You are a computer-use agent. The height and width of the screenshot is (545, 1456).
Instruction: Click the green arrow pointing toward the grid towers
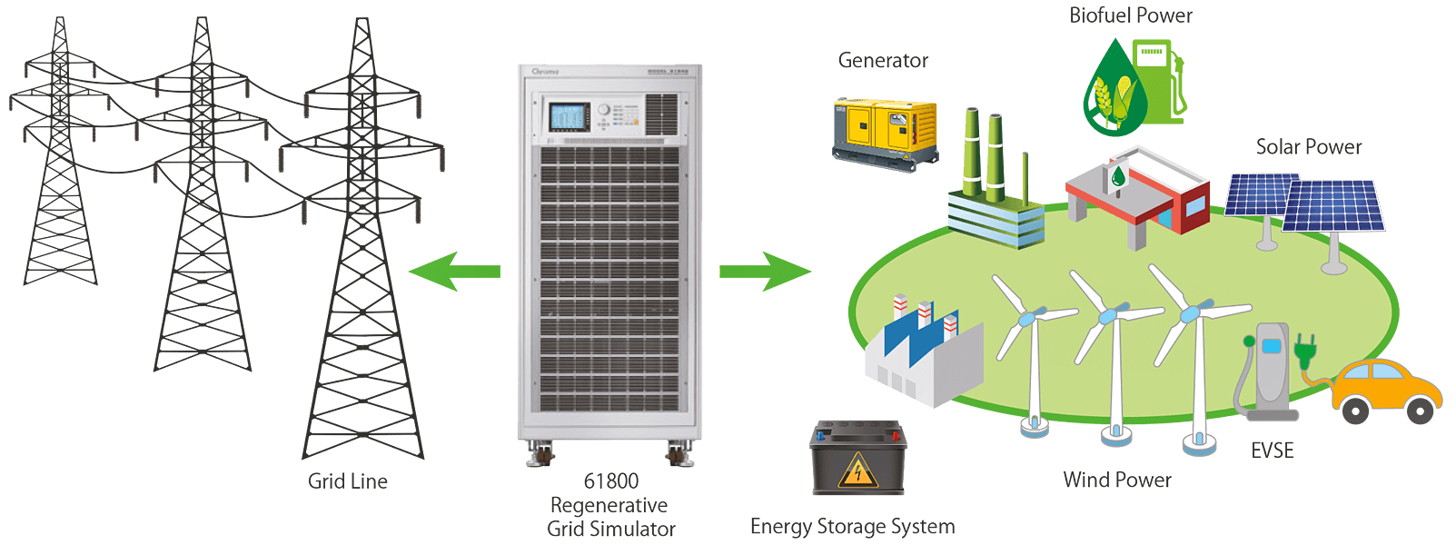coord(453,272)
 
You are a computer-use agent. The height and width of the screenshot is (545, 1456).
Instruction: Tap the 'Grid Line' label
coord(348,481)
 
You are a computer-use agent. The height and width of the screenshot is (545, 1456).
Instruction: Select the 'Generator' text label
coord(883,61)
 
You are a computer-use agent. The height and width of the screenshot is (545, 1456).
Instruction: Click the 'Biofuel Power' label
coord(1131,15)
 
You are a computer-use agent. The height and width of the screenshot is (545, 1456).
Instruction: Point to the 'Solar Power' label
coord(1309,147)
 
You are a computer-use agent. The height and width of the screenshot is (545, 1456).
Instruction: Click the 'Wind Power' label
coord(1117,481)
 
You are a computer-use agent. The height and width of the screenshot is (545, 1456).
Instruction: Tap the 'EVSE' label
coord(1272,451)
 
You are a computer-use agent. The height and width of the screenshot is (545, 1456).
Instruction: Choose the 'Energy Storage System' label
coord(852,527)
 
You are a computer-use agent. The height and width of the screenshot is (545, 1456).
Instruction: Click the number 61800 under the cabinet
coord(611,481)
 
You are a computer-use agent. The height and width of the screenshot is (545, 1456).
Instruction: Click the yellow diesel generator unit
coord(885,131)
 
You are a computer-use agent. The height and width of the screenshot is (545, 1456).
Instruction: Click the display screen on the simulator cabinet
coord(568,117)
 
